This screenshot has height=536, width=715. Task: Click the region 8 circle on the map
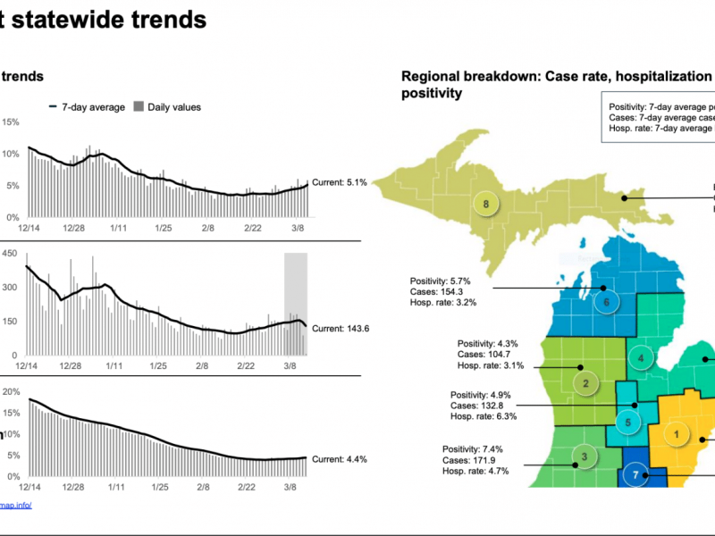485,204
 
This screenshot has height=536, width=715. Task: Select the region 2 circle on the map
585,385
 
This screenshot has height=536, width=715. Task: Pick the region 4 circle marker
641,359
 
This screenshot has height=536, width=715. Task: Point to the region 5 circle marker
628,423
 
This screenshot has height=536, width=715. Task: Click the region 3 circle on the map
584,458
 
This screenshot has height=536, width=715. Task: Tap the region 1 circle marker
677,435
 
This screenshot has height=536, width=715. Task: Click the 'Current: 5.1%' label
340,183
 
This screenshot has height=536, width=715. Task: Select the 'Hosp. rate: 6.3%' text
484,416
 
